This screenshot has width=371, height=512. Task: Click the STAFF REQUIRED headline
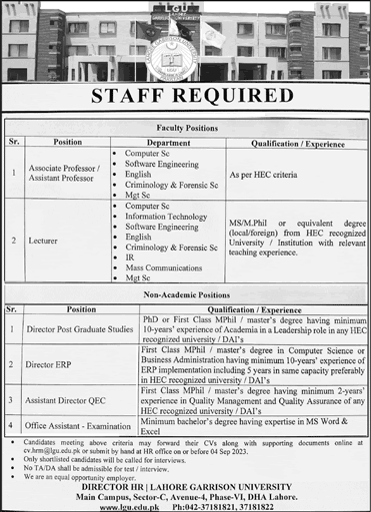coord(185,97)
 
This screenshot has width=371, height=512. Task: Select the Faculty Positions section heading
coord(185,129)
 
